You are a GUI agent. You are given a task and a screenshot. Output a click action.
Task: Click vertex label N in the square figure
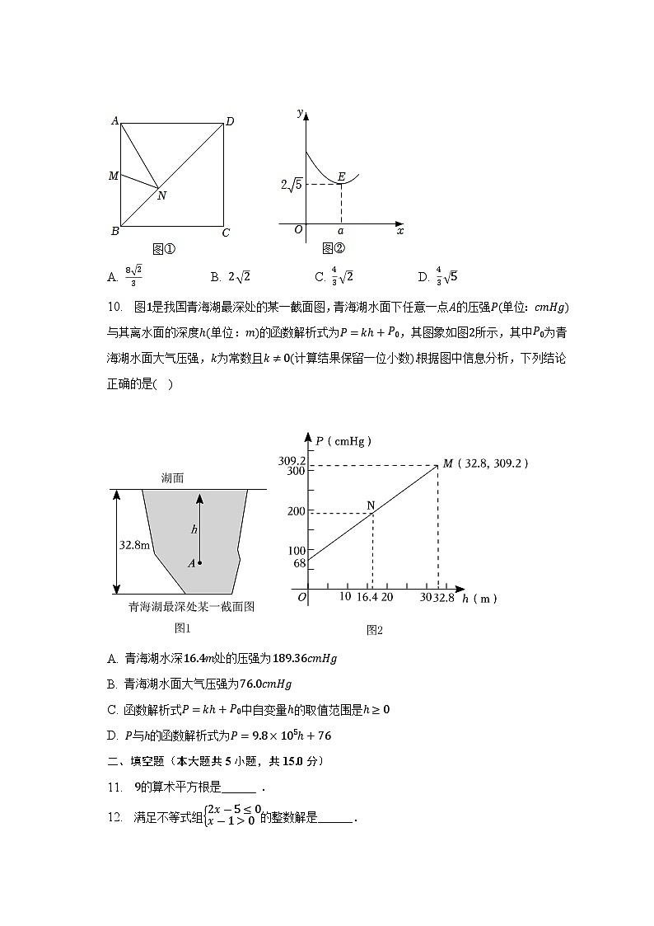[161, 196]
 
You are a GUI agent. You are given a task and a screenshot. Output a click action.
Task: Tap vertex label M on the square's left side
[114, 176]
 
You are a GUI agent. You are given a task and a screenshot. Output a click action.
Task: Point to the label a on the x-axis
[341, 232]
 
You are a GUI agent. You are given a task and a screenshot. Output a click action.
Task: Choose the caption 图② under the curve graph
[334, 248]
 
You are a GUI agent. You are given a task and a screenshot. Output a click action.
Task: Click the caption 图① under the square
[165, 248]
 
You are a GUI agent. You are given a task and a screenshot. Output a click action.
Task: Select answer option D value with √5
[446, 276]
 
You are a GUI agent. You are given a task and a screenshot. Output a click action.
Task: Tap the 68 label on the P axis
[299, 563]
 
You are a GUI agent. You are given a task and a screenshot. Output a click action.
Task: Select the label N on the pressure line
[371, 505]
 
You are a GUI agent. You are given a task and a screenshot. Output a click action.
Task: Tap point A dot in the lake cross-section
[199, 563]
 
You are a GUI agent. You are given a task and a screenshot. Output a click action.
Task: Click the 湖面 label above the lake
[173, 477]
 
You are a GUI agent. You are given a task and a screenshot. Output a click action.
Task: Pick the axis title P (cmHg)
[343, 441]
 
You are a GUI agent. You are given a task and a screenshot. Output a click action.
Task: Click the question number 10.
[114, 308]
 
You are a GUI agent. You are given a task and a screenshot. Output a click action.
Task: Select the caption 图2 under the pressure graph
[375, 630]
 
